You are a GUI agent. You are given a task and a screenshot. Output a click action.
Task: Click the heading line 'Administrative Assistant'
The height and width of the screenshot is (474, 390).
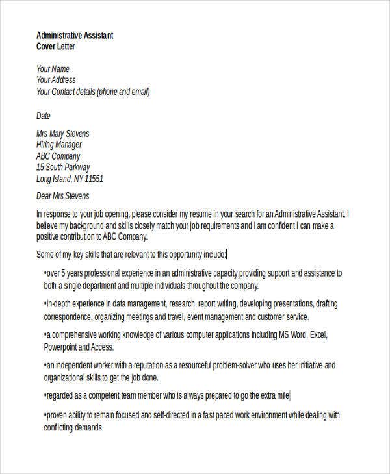click(75, 36)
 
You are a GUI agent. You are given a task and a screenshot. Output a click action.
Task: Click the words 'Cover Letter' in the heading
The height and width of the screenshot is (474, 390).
click(56, 47)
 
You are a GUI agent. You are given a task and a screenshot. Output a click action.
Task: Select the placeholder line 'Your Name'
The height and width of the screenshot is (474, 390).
click(53, 69)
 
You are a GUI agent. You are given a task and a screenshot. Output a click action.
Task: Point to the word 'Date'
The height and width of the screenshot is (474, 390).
click(43, 116)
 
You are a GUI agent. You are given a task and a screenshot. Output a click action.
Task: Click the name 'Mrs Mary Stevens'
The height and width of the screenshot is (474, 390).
click(63, 134)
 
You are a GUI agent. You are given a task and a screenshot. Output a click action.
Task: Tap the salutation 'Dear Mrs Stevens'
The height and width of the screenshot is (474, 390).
click(63, 196)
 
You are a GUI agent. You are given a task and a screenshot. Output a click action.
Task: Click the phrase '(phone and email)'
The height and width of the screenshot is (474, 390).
click(123, 92)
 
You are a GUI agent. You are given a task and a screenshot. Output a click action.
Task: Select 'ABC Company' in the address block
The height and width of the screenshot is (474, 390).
click(58, 156)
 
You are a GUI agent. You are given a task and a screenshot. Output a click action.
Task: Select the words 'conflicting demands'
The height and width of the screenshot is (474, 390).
click(73, 428)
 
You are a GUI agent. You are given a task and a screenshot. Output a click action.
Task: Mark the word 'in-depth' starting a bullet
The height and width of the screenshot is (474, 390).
click(60, 304)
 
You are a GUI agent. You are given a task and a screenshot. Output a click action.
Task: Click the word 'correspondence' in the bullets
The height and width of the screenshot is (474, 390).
click(68, 318)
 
